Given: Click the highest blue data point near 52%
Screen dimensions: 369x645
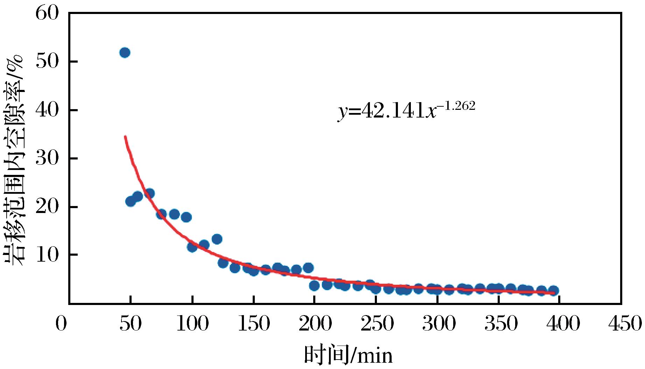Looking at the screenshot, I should point(125,53).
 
